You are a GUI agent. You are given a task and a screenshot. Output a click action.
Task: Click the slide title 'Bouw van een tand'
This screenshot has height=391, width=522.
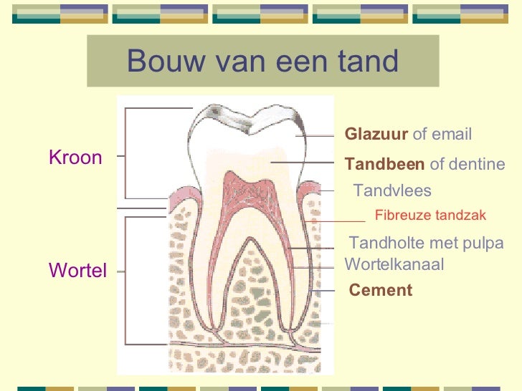tap(262, 62)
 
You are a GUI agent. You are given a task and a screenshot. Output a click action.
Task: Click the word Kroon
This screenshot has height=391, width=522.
tap(75, 158)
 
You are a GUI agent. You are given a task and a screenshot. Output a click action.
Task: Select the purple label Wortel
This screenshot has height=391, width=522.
tap(77, 271)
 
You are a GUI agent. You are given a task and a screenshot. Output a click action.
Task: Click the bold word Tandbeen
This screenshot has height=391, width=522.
tap(384, 165)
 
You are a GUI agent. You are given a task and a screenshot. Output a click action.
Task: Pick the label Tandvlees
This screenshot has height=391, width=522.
tap(393, 190)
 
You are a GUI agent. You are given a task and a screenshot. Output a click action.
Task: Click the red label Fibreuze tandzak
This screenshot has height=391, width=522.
tap(430, 215)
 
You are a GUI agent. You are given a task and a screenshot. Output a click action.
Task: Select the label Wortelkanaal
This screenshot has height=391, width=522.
tap(394, 264)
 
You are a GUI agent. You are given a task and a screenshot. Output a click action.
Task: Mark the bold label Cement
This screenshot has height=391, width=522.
tap(381, 290)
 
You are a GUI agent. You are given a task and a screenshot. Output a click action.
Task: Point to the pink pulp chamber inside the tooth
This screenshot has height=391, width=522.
tap(244, 193)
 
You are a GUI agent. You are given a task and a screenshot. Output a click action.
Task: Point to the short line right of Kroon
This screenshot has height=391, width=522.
tap(119, 155)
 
